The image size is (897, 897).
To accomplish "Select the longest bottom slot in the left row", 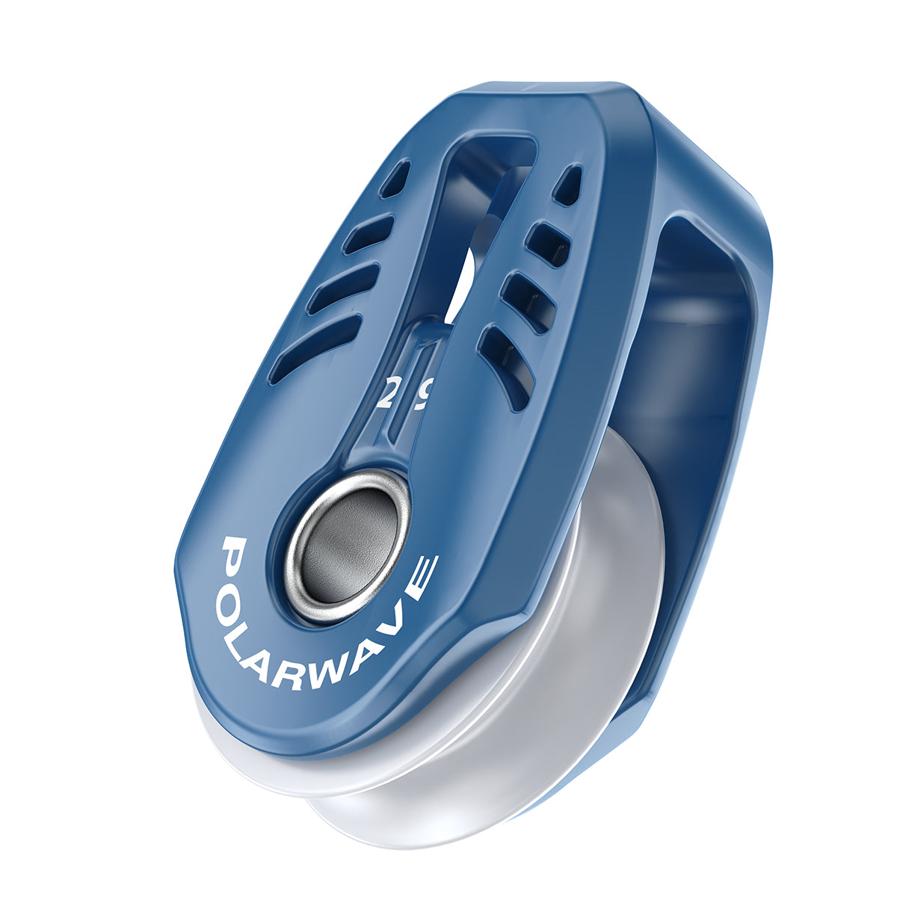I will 314,350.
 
